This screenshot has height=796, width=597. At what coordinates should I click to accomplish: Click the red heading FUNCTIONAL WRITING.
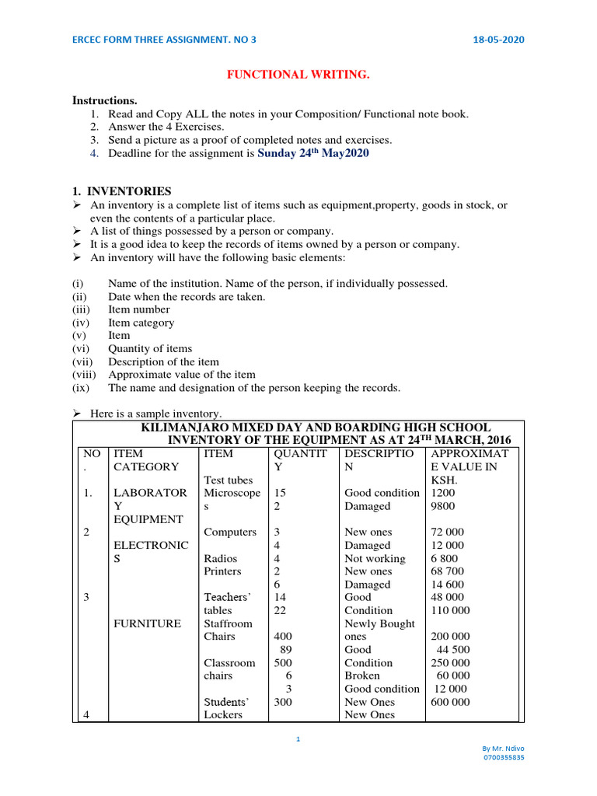click(298, 74)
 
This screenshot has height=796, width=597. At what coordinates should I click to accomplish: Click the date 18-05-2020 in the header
click(497, 40)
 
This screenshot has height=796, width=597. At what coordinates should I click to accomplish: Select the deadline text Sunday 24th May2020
click(312, 153)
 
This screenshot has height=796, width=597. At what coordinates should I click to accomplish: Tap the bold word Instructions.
click(104, 100)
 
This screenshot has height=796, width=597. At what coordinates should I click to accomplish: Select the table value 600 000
click(450, 701)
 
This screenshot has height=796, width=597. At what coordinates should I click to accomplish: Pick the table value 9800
click(443, 505)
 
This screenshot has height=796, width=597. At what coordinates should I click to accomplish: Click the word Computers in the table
click(229, 532)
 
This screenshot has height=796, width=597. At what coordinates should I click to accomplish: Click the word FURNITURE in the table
click(147, 623)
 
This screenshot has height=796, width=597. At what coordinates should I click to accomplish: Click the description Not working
click(375, 558)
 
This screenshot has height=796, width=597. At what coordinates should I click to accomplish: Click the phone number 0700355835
click(504, 756)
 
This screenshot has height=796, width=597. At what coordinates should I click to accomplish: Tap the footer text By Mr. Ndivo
click(504, 747)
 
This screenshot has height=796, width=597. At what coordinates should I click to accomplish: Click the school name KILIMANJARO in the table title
click(194, 428)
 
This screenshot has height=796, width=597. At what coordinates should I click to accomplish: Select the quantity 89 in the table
click(286, 649)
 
